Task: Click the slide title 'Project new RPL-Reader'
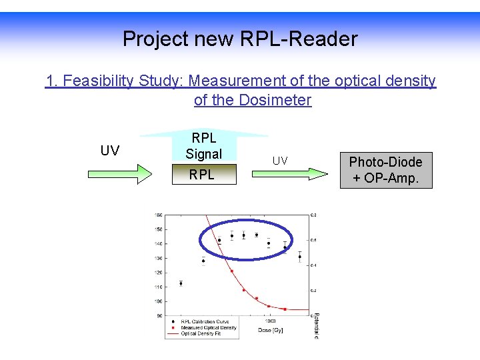[x=240, y=39]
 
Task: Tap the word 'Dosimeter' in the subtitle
[x=276, y=100]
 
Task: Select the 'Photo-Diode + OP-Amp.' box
[x=386, y=170]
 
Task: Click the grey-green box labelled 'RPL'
[x=201, y=175]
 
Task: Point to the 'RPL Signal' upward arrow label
[x=203, y=146]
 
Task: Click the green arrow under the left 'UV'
[x=121, y=175]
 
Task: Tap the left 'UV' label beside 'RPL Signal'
[x=110, y=151]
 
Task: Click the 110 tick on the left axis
[x=158, y=287]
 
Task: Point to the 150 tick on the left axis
[x=158, y=229]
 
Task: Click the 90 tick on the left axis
[x=158, y=315]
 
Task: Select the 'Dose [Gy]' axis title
[x=270, y=330]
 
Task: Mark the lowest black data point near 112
[x=181, y=283]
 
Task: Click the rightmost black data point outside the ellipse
[x=299, y=257]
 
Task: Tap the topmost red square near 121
[x=231, y=271]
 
